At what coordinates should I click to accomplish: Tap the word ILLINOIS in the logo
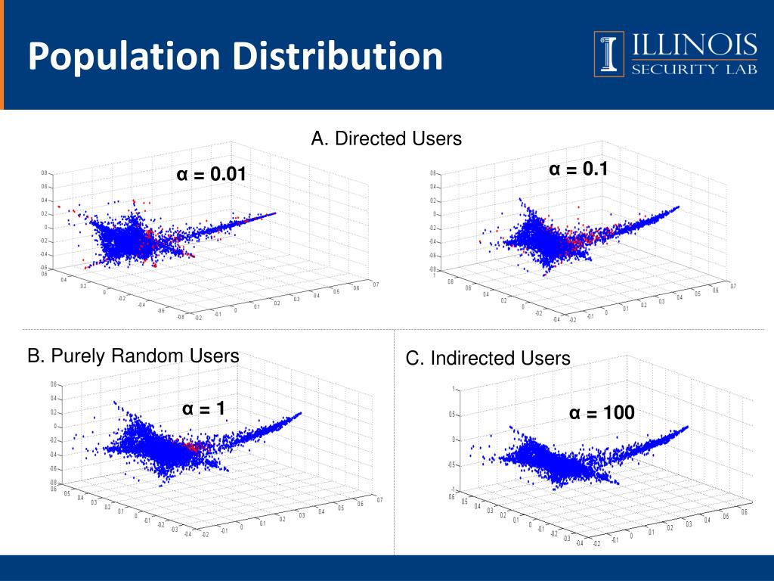[x=695, y=46]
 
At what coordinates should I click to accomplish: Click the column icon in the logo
[x=609, y=54]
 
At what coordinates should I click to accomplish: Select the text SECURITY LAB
[x=695, y=70]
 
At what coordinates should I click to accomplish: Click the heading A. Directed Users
[x=386, y=138]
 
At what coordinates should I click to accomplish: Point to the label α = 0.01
[x=212, y=175]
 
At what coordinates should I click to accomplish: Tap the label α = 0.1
[x=578, y=170]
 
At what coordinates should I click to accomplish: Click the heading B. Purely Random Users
[x=133, y=355]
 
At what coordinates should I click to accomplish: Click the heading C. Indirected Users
[x=488, y=358]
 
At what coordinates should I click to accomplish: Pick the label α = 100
[x=602, y=413]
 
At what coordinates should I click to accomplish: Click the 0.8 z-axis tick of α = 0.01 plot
[x=44, y=173]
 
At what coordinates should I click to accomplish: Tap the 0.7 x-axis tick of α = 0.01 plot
[x=376, y=284]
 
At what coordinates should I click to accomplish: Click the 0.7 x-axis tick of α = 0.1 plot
[x=732, y=287]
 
